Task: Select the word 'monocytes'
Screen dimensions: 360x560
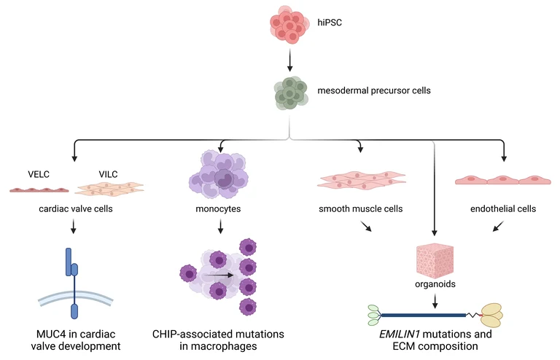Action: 218,209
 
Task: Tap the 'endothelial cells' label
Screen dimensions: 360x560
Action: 503,209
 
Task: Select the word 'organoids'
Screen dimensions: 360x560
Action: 435,284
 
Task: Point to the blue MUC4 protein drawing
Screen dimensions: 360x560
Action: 73,281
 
